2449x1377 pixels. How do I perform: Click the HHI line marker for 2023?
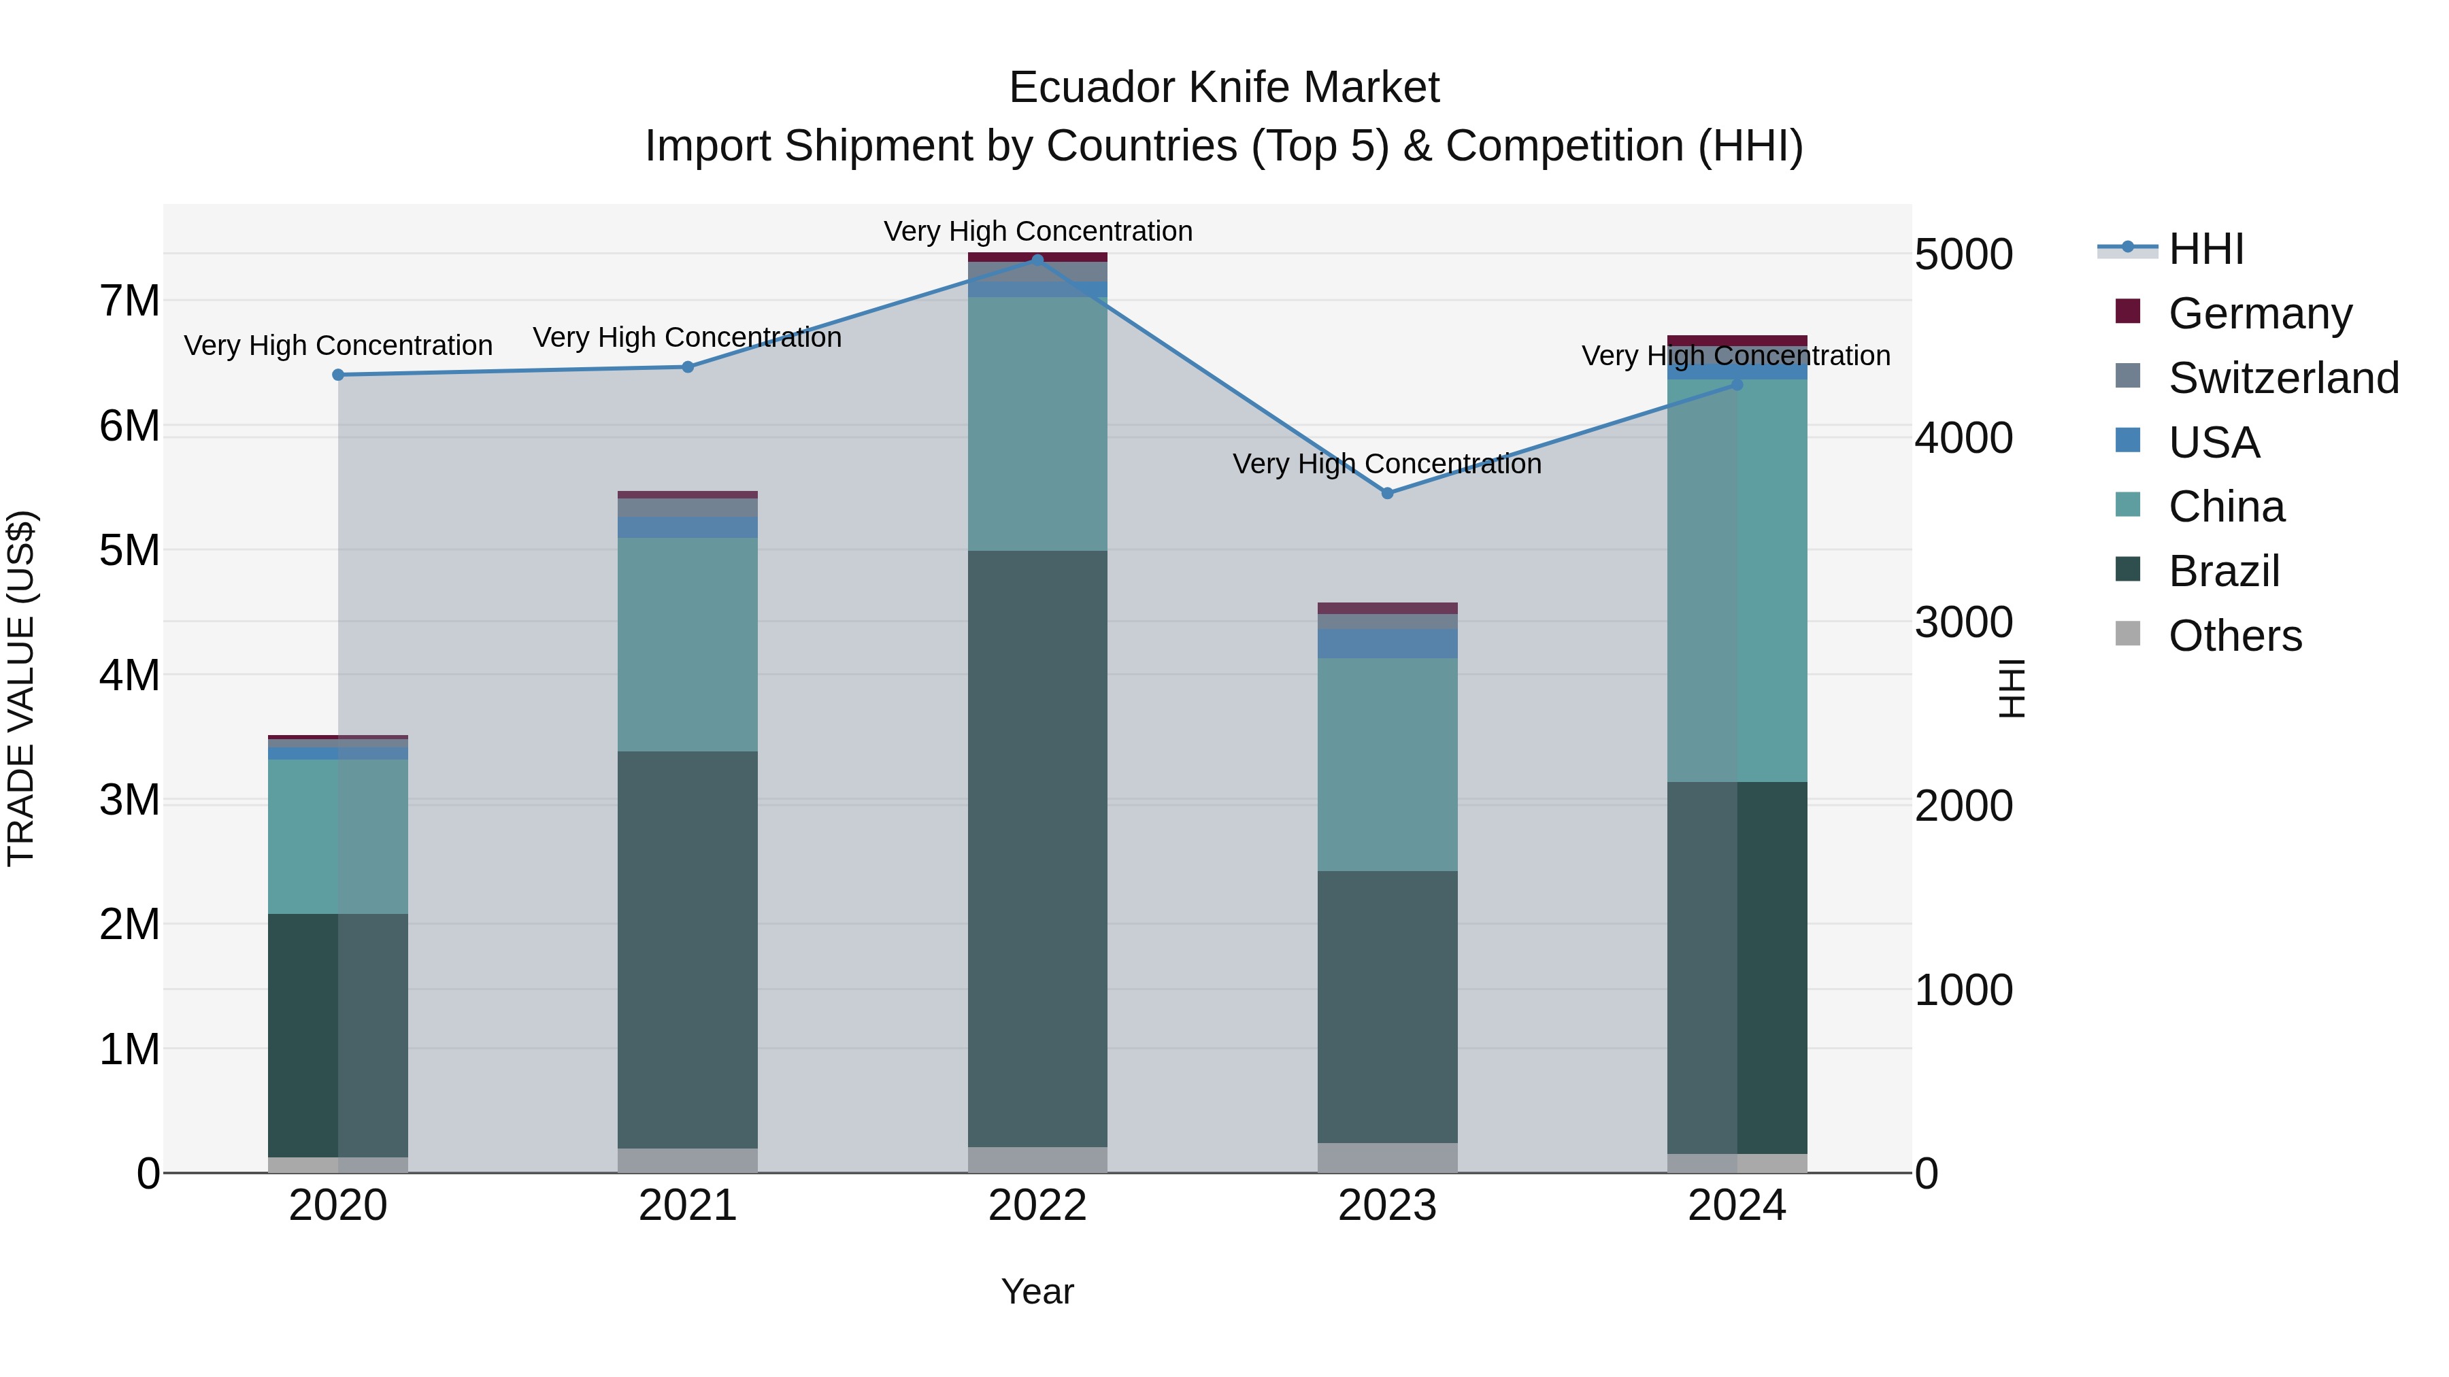pos(1387,493)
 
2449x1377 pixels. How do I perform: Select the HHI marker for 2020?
pos(339,375)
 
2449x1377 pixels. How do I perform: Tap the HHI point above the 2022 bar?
pos(1037,260)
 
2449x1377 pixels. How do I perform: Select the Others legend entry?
pos(2234,636)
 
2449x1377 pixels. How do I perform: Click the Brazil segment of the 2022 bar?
pos(1037,846)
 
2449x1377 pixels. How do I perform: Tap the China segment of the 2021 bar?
pos(687,645)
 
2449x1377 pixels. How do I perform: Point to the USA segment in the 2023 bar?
pos(1387,643)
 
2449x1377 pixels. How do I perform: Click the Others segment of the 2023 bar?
pos(1387,1157)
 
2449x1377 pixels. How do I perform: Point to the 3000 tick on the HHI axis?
pos(1963,622)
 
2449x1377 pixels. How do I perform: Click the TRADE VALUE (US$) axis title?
pos(22,689)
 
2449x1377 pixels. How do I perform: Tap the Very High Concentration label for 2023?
pos(1387,464)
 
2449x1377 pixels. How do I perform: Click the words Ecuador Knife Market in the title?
pos(1224,88)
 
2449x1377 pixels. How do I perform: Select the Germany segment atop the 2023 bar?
pos(1387,608)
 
